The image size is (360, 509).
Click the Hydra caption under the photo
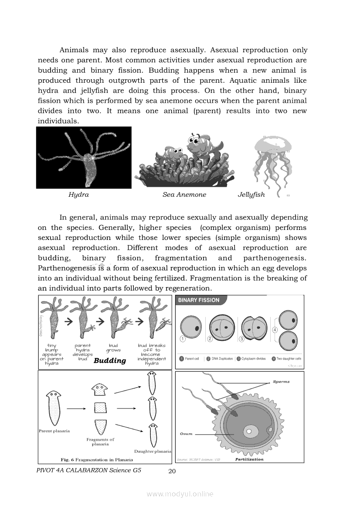coord(78,195)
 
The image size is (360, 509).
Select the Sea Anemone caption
coord(184,195)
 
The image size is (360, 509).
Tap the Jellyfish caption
coord(251,195)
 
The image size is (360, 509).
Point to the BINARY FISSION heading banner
coord(198,300)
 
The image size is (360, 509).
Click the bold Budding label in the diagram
coord(110,361)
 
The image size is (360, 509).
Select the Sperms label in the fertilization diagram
coord(281,382)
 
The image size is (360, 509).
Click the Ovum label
coord(187,434)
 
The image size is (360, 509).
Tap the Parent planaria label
coord(54,431)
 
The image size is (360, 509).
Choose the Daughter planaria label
coord(153,452)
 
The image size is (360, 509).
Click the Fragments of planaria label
coord(100,442)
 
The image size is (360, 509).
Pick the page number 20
coord(172,471)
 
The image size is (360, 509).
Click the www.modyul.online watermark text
coord(180,494)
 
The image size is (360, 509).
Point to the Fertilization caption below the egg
coord(249,459)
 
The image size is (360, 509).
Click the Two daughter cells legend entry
coord(285,359)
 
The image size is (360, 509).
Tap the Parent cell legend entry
coord(189,359)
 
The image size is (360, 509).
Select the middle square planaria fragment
coord(100,408)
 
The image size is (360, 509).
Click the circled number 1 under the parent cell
coord(183,339)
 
